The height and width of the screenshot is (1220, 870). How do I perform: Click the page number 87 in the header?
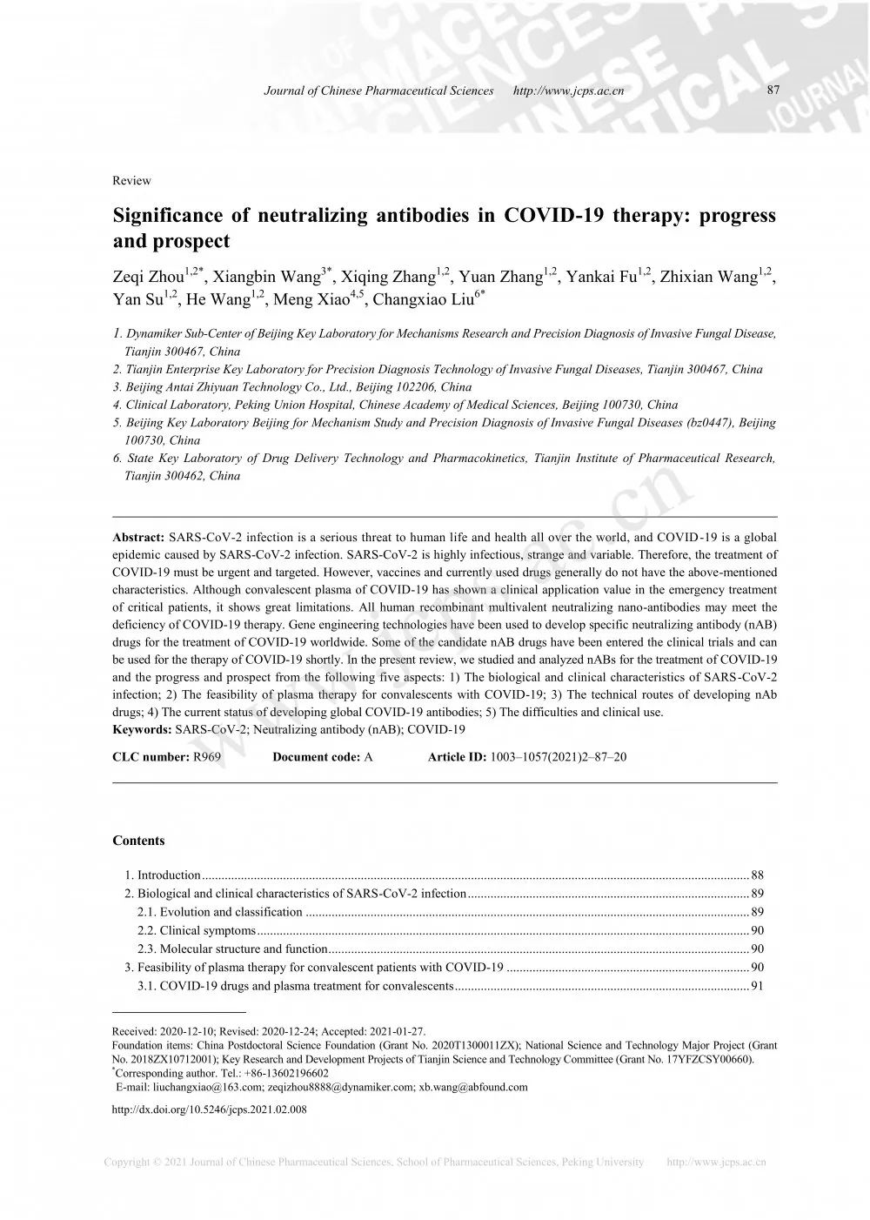click(773, 90)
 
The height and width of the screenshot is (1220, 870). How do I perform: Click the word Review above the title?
click(131, 181)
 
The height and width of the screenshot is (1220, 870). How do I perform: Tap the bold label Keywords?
click(143, 729)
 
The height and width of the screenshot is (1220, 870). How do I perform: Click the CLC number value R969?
click(207, 757)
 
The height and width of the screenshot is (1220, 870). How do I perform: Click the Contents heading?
click(138, 841)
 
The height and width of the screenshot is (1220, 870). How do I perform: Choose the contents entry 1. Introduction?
click(163, 875)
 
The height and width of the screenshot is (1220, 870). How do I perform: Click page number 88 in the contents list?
click(757, 875)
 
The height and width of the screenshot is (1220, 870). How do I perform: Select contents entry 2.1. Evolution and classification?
click(220, 912)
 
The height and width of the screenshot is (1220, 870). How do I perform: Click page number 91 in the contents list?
click(757, 986)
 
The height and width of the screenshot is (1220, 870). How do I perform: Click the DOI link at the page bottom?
click(209, 1109)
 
